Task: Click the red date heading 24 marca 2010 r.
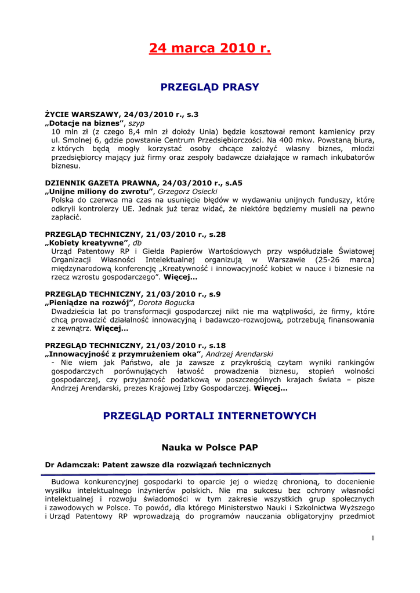pyautogui.click(x=209, y=48)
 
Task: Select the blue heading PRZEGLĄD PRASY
pyautogui.click(x=209, y=87)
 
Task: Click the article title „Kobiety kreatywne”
pyautogui.click(x=88, y=243)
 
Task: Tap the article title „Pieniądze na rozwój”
pyautogui.click(x=90, y=302)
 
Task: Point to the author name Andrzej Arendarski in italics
pyautogui.click(x=240, y=353)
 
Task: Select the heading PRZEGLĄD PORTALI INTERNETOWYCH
pyautogui.click(x=209, y=416)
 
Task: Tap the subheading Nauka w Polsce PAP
pyautogui.click(x=209, y=447)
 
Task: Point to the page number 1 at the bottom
pyautogui.click(x=372, y=539)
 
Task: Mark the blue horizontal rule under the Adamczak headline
pyautogui.click(x=209, y=473)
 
